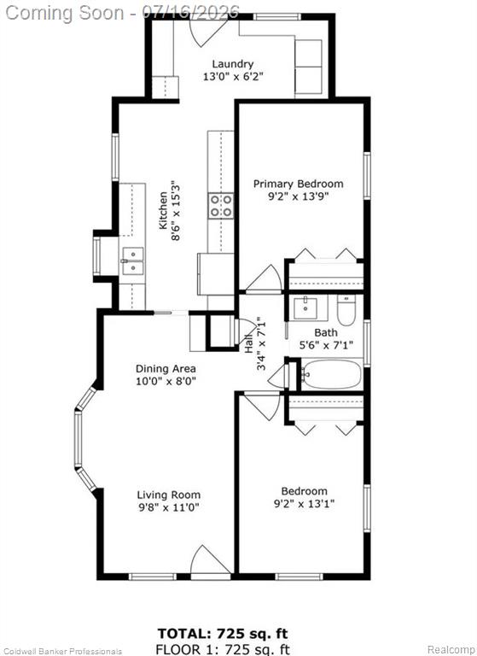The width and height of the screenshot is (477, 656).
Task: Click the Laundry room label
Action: click(x=233, y=64)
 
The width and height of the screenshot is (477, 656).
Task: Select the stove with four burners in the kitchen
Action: click(x=221, y=206)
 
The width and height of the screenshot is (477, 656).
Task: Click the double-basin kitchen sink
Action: click(x=133, y=261)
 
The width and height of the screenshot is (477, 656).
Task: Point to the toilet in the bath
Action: click(x=346, y=310)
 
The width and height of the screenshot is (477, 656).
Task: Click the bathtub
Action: click(x=331, y=374)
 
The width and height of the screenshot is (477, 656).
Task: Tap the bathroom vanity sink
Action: click(x=311, y=307)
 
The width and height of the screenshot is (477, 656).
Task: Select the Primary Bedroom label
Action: click(x=299, y=184)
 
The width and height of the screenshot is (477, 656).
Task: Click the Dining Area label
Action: click(x=166, y=369)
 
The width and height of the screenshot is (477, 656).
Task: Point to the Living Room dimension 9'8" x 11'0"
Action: click(x=168, y=507)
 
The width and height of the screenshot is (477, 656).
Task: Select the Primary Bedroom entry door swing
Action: click(x=265, y=278)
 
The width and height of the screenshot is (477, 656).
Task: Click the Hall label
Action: click(x=249, y=344)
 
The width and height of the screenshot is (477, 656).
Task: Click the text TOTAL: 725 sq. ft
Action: click(x=223, y=633)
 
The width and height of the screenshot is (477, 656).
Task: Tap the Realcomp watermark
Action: click(x=451, y=650)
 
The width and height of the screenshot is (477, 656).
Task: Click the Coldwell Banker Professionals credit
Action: click(x=61, y=652)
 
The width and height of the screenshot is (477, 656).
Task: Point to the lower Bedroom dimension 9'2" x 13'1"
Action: click(x=304, y=504)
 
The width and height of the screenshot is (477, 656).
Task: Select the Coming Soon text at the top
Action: click(x=65, y=12)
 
